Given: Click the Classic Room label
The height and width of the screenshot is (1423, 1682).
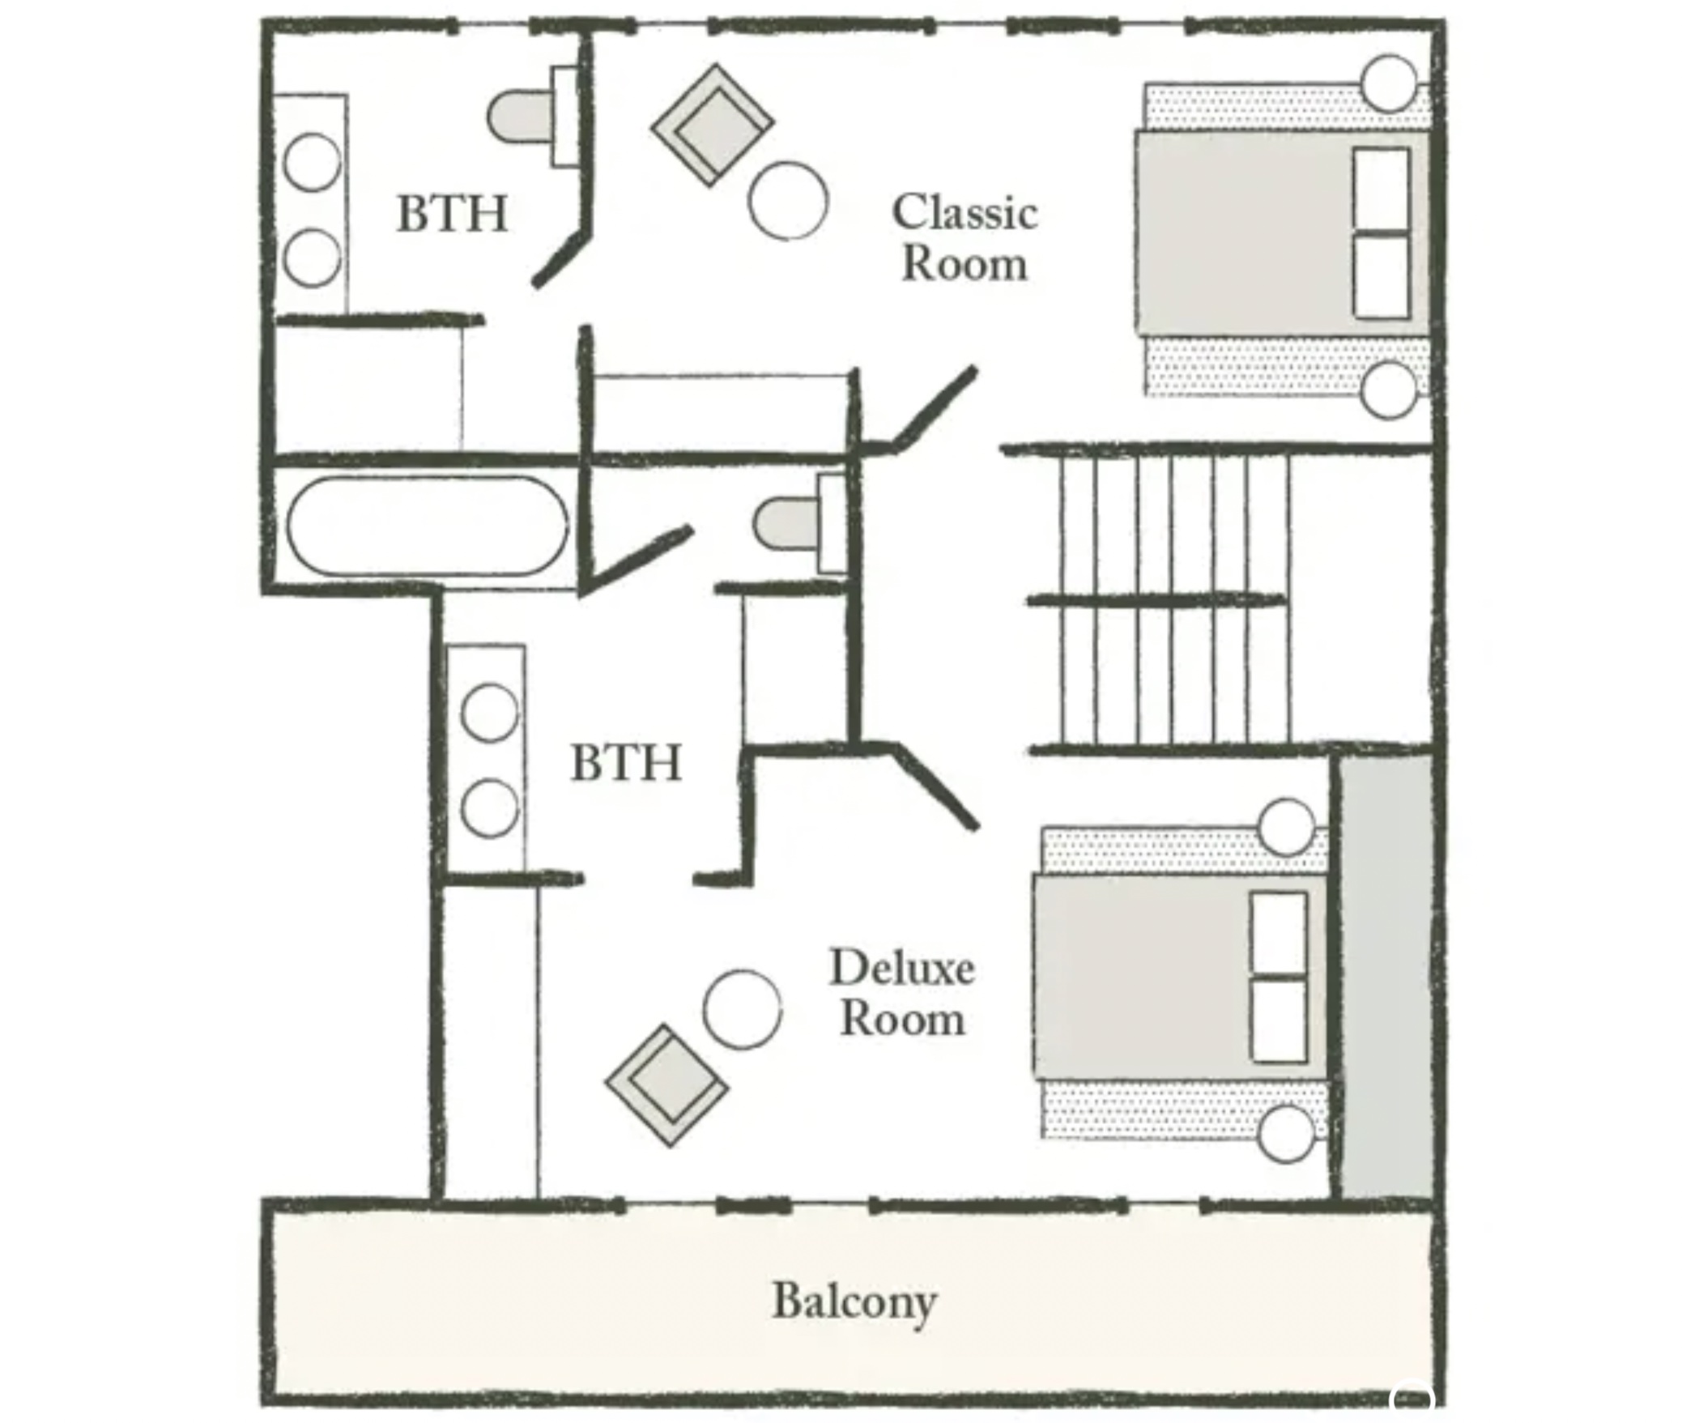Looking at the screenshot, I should click(x=964, y=237).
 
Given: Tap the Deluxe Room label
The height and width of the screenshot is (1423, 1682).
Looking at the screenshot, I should click(x=901, y=992).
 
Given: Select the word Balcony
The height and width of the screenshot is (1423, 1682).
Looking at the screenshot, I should click(x=854, y=1301).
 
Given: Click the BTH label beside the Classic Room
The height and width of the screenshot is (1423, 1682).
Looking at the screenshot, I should click(x=452, y=214).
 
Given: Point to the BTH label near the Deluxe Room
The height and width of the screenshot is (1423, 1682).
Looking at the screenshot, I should click(x=626, y=763).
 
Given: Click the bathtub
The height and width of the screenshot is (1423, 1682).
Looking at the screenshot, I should click(x=428, y=526).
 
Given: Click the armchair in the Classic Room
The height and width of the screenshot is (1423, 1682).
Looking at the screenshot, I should click(x=713, y=125).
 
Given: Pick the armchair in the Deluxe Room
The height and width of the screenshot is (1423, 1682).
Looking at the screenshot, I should click(x=666, y=1085).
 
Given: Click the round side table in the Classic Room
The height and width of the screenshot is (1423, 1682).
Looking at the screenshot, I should click(x=788, y=201).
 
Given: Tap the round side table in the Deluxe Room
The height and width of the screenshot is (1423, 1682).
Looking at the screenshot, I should click(x=742, y=1009).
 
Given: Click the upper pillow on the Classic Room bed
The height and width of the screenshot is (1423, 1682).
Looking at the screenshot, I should click(x=1381, y=189).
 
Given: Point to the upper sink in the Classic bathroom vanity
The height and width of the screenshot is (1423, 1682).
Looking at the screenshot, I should click(x=313, y=162).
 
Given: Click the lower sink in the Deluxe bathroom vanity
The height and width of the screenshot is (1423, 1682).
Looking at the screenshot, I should click(x=489, y=808).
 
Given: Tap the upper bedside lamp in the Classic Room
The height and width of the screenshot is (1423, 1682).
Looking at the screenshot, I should click(x=1389, y=83).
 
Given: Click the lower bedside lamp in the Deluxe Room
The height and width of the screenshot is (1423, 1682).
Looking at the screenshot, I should click(x=1286, y=1134).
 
